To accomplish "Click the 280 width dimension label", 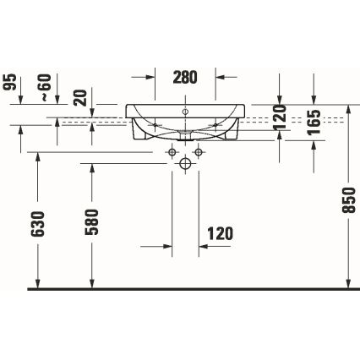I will [x=185, y=77].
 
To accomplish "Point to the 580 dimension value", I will [x=92, y=221].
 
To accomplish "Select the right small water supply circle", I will [x=200, y=152].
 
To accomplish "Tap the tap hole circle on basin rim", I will [x=185, y=111].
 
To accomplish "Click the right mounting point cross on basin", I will [x=218, y=123].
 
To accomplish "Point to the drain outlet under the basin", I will [x=185, y=134].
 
